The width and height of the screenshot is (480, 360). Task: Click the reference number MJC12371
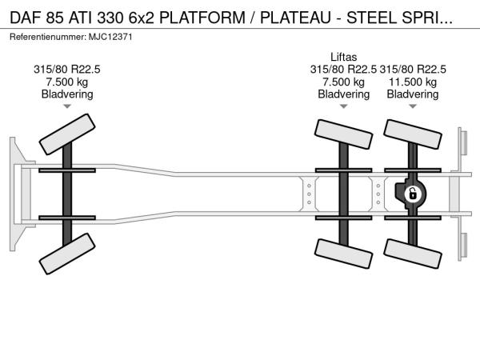[x=110, y=37]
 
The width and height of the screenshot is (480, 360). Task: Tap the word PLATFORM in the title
[x=202, y=18]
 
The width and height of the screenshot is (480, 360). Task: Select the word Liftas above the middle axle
[x=343, y=57]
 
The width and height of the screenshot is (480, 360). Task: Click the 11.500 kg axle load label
[x=413, y=82]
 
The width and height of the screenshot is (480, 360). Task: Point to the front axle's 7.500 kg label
[x=67, y=82]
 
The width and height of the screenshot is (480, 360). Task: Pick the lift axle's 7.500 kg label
[x=343, y=82]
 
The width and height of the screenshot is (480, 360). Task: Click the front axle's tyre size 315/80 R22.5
[x=67, y=69]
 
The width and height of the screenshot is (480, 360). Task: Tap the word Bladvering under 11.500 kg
[x=413, y=94]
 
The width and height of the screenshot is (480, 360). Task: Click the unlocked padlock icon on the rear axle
[x=413, y=194]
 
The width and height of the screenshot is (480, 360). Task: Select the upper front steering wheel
[x=67, y=134]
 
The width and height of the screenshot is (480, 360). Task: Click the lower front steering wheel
[x=67, y=254]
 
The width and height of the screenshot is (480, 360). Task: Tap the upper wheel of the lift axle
[x=343, y=134]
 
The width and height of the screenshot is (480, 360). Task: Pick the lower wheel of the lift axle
[x=343, y=254]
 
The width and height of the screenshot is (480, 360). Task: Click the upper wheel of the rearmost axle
[x=413, y=134]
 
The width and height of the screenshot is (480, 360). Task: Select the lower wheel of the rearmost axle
[x=413, y=254]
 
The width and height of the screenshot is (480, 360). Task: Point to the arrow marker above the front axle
[x=67, y=106]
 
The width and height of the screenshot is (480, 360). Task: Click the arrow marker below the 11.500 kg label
[x=413, y=106]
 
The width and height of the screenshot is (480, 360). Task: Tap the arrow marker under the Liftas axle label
[x=343, y=106]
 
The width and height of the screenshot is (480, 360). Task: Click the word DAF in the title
[x=26, y=18]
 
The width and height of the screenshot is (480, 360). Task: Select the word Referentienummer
[x=48, y=37]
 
